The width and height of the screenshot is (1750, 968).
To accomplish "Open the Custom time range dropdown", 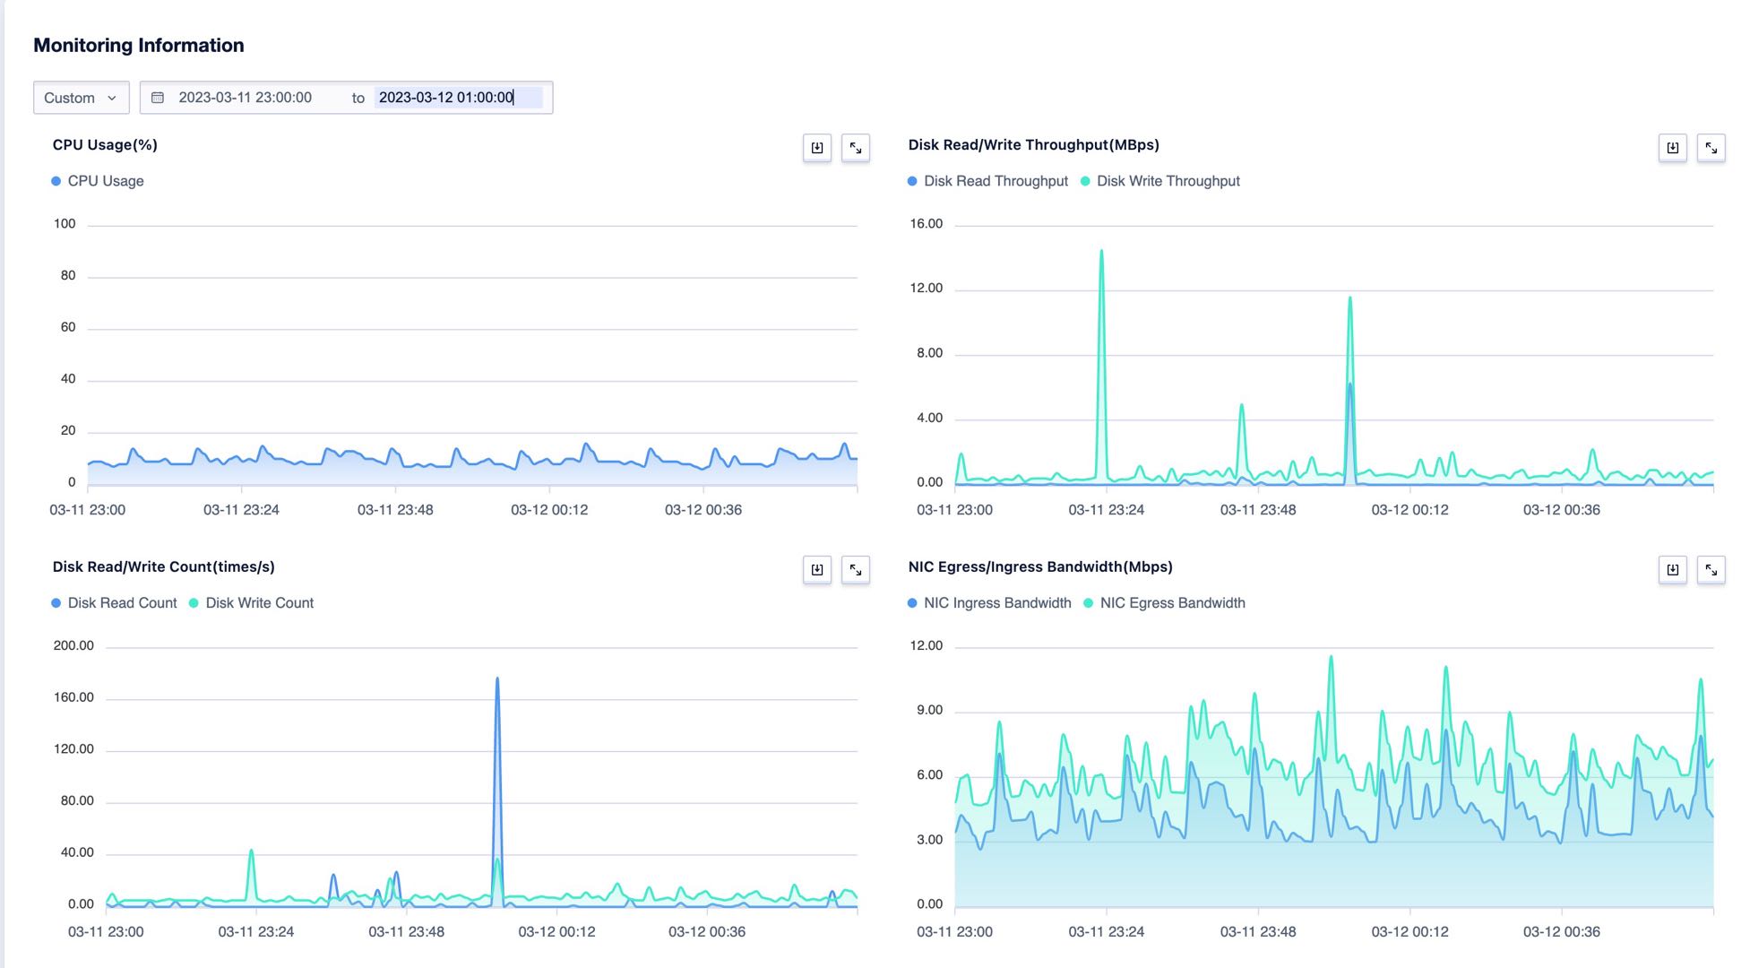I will click(x=81, y=98).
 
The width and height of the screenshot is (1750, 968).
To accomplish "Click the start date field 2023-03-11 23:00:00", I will click(x=245, y=98).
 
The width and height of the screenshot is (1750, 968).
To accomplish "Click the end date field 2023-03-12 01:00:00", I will click(x=446, y=98).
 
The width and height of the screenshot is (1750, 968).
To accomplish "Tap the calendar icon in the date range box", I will click(x=158, y=98).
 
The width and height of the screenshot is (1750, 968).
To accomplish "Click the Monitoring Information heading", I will click(x=139, y=46).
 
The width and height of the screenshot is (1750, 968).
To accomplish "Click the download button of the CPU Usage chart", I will click(x=816, y=148).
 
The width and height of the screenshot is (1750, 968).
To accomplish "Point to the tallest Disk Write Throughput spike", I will click(x=1101, y=252).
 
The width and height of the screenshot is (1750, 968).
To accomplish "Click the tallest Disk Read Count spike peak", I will click(x=497, y=679).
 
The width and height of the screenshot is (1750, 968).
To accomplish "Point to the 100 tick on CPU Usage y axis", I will click(x=65, y=224).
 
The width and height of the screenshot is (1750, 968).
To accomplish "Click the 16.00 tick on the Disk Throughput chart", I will click(x=927, y=224).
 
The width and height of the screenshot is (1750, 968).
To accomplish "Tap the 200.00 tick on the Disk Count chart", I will click(x=73, y=645).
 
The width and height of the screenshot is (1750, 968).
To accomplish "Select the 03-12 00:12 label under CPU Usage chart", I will click(x=549, y=510).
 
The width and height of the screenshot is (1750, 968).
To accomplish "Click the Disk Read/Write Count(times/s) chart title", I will click(x=164, y=566).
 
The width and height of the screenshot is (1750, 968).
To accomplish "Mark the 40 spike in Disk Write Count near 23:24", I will click(x=251, y=851).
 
